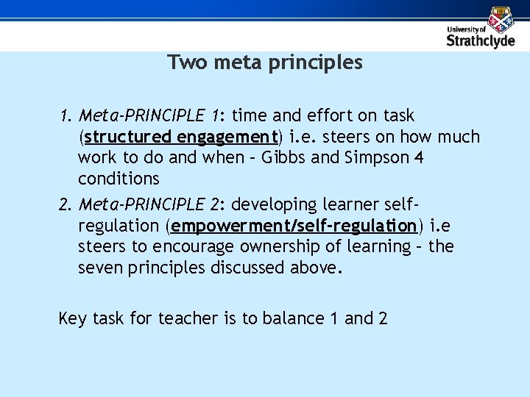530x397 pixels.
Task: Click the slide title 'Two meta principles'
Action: pos(265,62)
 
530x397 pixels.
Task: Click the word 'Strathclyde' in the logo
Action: pos(481,41)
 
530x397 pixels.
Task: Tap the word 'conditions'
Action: pos(119,179)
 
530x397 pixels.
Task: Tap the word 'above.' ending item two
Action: pos(319,268)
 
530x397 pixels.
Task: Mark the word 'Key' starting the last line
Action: pos(72,318)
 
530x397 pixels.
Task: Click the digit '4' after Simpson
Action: pos(420,158)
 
